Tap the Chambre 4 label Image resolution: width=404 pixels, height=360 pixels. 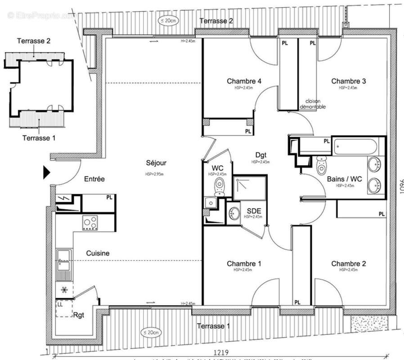tap(244, 81)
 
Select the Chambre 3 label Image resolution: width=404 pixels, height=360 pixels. tap(348, 81)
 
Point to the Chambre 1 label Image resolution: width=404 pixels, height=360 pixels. tap(244, 263)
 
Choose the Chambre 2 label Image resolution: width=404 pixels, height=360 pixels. tap(348, 263)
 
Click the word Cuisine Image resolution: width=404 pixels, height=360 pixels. tap(98, 253)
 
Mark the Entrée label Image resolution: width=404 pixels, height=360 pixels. tap(94, 179)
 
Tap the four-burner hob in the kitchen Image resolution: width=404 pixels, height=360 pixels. tap(90, 222)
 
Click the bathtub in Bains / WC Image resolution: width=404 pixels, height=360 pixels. tap(355, 147)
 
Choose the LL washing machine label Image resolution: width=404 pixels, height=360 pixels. tap(60, 305)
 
